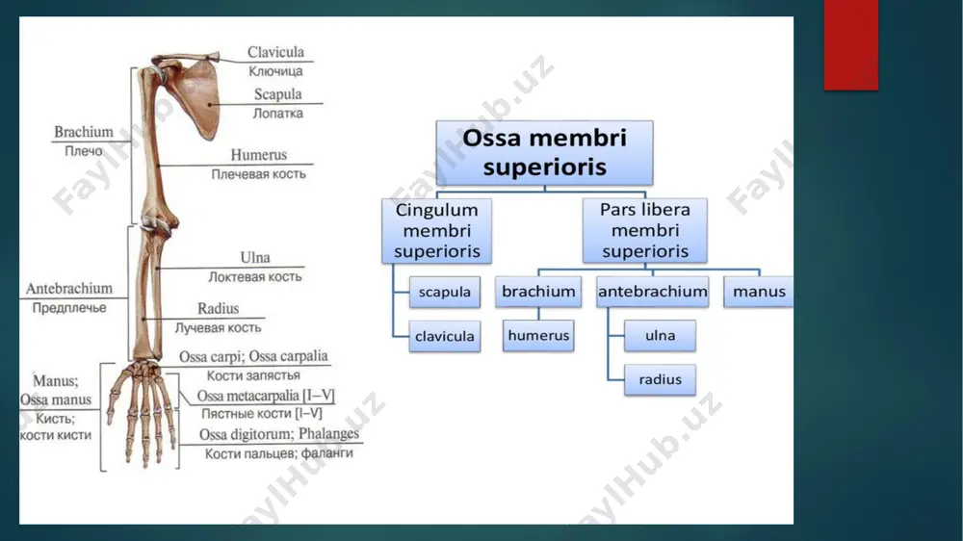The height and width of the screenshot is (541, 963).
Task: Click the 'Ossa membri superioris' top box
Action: click(544, 152)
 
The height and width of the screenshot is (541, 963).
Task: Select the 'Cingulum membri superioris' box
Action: click(436, 230)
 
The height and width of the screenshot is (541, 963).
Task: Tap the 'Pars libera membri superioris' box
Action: click(645, 230)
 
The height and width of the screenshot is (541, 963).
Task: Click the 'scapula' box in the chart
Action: click(445, 292)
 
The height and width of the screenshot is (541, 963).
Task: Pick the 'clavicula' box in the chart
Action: click(445, 336)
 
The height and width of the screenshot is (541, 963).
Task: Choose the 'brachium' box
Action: click(538, 291)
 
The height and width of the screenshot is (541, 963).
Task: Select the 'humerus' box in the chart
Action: click(538, 335)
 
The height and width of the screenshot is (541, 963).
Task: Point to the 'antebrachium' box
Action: click(652, 291)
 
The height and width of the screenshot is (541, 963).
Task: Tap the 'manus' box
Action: click(759, 291)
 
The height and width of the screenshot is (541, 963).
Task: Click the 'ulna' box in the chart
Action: click(661, 335)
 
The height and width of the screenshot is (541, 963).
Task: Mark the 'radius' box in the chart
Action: click(661, 379)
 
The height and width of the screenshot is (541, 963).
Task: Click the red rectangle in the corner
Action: click(851, 45)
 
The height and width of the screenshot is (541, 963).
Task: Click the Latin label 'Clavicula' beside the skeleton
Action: click(275, 52)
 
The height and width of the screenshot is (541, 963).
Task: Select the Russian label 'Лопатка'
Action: click(278, 113)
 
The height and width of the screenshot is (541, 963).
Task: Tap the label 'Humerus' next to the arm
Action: click(258, 155)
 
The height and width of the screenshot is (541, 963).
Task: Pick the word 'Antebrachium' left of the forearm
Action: click(68, 289)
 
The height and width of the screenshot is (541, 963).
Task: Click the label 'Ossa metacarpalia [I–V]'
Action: click(266, 396)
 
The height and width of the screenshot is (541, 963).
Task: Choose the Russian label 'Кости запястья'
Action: click(253, 375)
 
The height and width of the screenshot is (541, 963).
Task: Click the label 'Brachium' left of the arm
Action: click(84, 132)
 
